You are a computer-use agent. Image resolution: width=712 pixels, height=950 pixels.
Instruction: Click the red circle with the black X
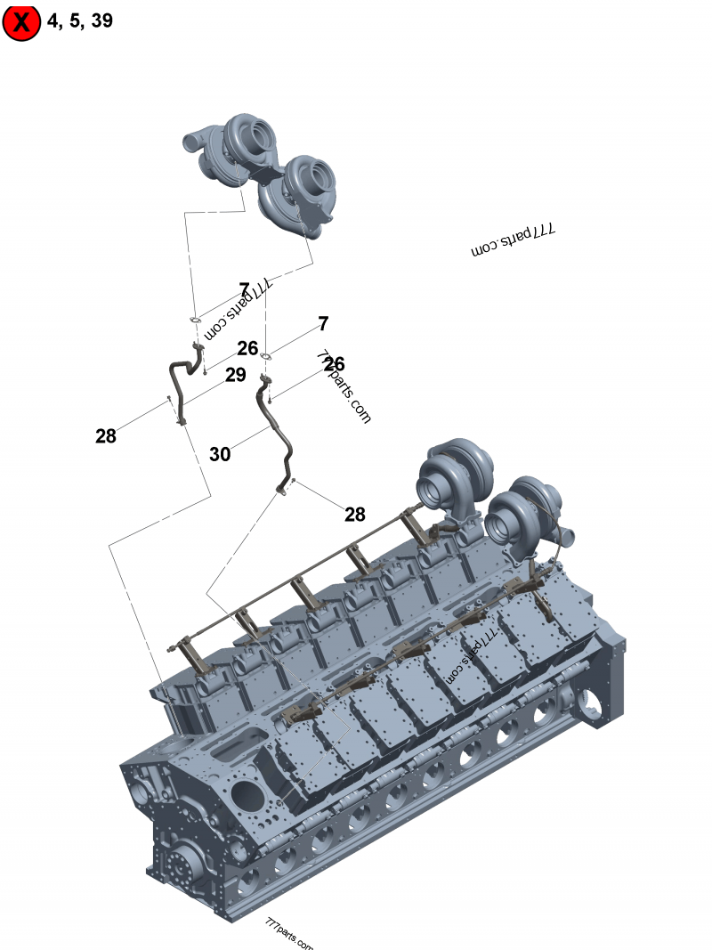coord(21,22)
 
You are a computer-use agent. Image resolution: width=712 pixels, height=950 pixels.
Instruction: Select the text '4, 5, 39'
coord(80,20)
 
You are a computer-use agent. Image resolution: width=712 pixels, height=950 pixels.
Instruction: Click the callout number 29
coord(235,375)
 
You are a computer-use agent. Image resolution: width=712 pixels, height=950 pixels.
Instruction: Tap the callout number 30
coord(220,454)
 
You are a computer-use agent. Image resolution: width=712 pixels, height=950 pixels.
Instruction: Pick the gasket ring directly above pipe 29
coord(195,320)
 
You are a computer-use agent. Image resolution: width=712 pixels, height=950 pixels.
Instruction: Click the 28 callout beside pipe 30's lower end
coord(354,515)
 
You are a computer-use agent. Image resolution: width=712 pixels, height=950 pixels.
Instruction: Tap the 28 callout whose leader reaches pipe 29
coord(106,436)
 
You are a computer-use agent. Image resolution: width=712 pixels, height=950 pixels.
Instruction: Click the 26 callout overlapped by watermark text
coord(334,364)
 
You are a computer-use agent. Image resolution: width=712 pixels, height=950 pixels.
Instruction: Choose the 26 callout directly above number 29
coord(247,348)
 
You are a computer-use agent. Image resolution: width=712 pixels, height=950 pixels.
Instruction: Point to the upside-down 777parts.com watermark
coord(513,240)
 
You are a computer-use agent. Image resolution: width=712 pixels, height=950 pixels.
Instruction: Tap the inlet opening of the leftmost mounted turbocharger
coord(438,486)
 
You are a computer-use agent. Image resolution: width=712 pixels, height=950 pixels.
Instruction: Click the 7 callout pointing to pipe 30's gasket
coord(323,323)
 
